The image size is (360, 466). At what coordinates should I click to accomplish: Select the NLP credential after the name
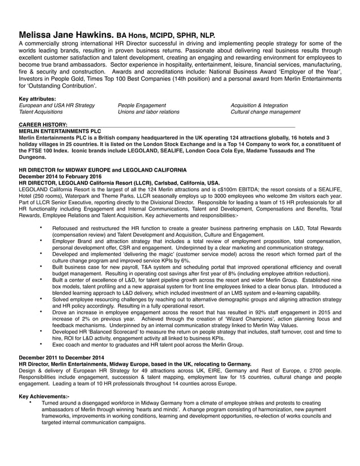pyautogui.click(x=205, y=36)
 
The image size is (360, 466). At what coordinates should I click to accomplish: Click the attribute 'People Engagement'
pyautogui.click(x=142, y=105)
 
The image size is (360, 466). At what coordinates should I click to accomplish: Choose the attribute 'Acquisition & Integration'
pyautogui.click(x=259, y=105)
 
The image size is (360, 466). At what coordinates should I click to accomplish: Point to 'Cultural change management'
pyautogui.click(x=265, y=112)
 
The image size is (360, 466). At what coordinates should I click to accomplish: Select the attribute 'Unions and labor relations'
pyautogui.click(x=148, y=112)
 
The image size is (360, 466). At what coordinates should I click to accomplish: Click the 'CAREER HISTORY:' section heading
pyautogui.click(x=43, y=124)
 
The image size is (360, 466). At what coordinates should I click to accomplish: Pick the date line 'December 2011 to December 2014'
pyautogui.click(x=62, y=358)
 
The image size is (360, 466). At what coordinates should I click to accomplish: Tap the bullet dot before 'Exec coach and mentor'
pyautogui.click(x=41, y=344)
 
